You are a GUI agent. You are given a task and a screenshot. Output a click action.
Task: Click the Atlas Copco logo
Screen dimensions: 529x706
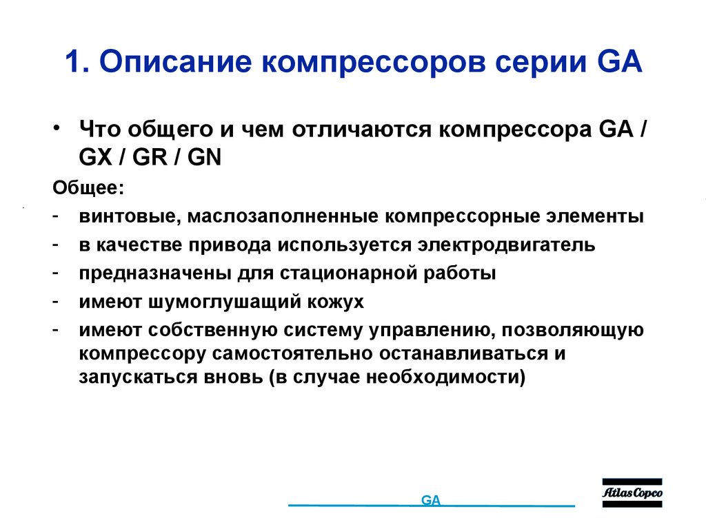pyautogui.click(x=632, y=493)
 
